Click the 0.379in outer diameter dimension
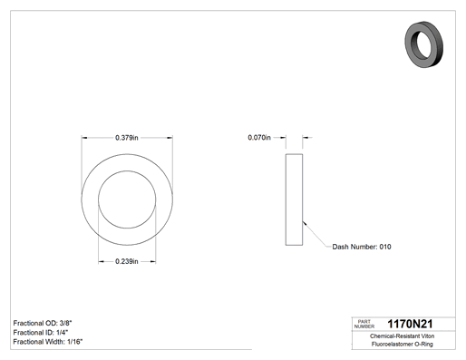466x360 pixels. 127,138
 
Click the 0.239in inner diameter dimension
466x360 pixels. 127,261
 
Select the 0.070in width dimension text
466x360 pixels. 259,138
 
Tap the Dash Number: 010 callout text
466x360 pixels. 362,247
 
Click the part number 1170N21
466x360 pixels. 410,324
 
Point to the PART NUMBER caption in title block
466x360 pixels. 364,324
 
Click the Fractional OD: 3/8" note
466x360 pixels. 43,323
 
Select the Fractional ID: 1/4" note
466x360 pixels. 41,333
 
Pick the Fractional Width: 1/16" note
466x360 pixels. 48,342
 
